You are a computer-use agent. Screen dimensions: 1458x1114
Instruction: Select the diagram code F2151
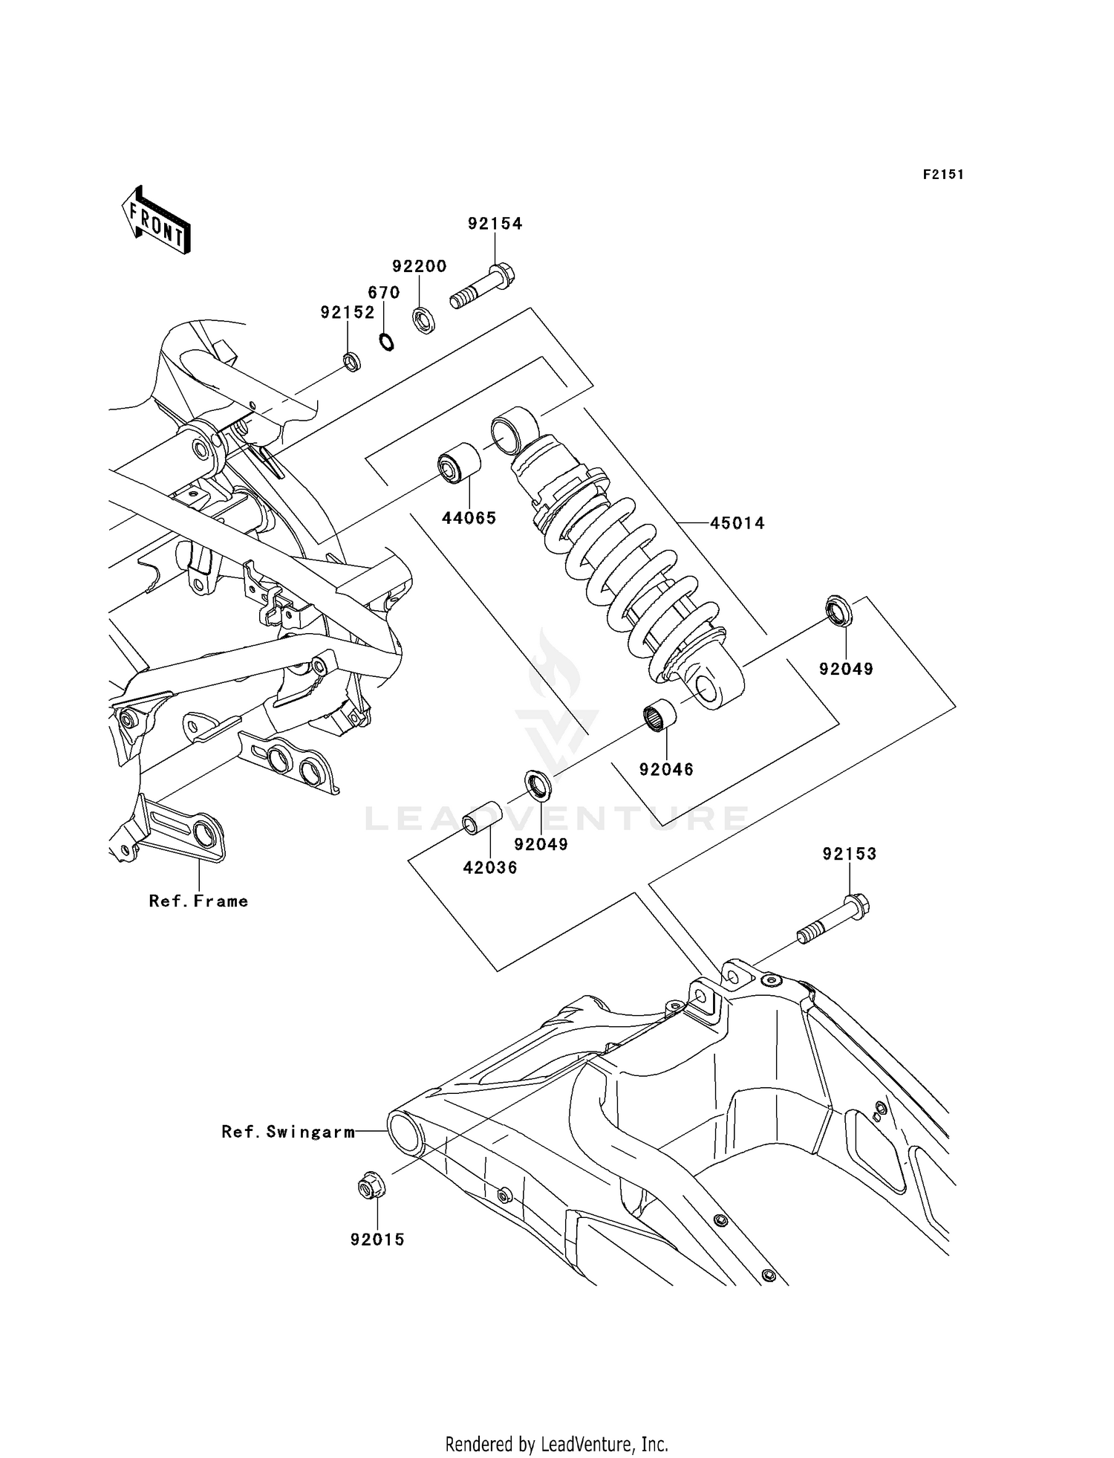coord(943,175)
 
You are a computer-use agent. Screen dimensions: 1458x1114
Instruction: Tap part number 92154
coord(495,224)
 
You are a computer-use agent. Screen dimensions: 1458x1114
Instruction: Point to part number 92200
coord(419,266)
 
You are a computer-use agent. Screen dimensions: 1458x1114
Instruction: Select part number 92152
coord(348,313)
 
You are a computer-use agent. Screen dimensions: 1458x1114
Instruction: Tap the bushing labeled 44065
coord(458,463)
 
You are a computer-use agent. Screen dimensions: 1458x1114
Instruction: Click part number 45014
coord(737,523)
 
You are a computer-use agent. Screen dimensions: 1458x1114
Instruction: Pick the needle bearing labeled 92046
coord(660,716)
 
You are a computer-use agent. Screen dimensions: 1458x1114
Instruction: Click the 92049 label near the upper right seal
coord(846,669)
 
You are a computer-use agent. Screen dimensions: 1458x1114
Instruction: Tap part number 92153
coord(849,854)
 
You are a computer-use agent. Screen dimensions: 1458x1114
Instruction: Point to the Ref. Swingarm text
coord(288,1132)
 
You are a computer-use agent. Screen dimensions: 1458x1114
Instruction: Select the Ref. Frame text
coord(198,901)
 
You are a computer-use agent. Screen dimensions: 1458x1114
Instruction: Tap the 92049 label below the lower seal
coord(541,844)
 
